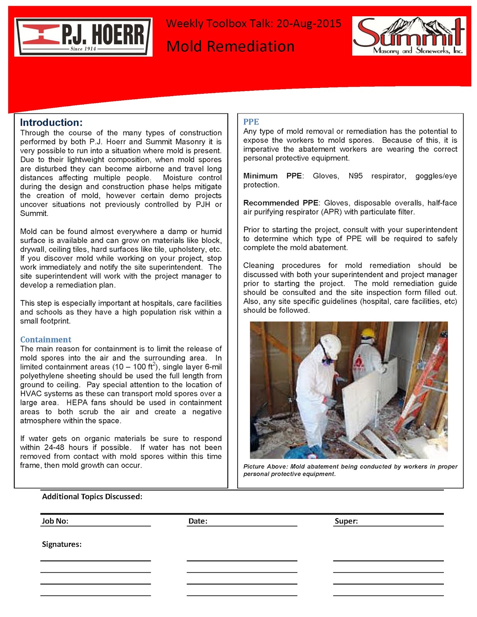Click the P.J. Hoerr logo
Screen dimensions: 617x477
coord(83,37)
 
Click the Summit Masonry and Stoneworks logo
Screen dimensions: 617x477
coord(409,36)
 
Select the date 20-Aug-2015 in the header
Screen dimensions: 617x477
coord(309,24)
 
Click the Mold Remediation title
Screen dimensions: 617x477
coord(230,46)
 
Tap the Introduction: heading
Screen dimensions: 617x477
coord(51,123)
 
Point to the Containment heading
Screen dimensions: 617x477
coord(46,339)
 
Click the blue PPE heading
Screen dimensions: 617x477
coord(251,122)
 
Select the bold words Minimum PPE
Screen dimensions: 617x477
coord(272,176)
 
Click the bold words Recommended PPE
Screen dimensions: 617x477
coord(281,203)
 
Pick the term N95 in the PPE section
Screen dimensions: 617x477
coord(355,176)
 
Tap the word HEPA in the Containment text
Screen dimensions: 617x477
coord(78,403)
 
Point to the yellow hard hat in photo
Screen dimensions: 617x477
coord(368,332)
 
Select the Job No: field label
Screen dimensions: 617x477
coord(55,521)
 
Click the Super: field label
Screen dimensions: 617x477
coord(346,521)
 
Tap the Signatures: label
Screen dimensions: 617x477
coord(62,544)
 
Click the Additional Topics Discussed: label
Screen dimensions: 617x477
coord(92,497)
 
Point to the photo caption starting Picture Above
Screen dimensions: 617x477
coord(350,470)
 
